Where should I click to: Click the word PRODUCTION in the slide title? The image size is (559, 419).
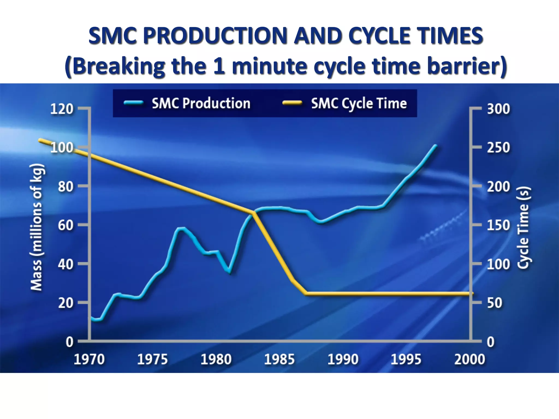click(215, 36)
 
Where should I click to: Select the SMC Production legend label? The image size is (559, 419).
click(201, 103)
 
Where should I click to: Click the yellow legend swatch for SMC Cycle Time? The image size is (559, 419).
click(292, 103)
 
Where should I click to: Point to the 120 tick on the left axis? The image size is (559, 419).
click(62, 109)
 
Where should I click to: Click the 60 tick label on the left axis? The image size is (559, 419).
click(66, 225)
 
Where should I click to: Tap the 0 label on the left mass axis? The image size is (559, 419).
click(70, 342)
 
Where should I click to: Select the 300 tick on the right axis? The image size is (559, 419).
click(498, 109)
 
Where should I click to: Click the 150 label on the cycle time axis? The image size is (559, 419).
click(498, 225)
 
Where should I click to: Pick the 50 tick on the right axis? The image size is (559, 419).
click(495, 303)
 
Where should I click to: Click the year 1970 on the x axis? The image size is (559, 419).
click(89, 359)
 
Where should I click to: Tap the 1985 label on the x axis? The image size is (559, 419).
click(279, 359)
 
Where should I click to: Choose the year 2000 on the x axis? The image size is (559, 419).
click(469, 359)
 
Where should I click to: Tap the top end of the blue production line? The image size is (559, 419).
click(436, 146)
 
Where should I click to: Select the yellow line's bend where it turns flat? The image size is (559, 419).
click(306, 294)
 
